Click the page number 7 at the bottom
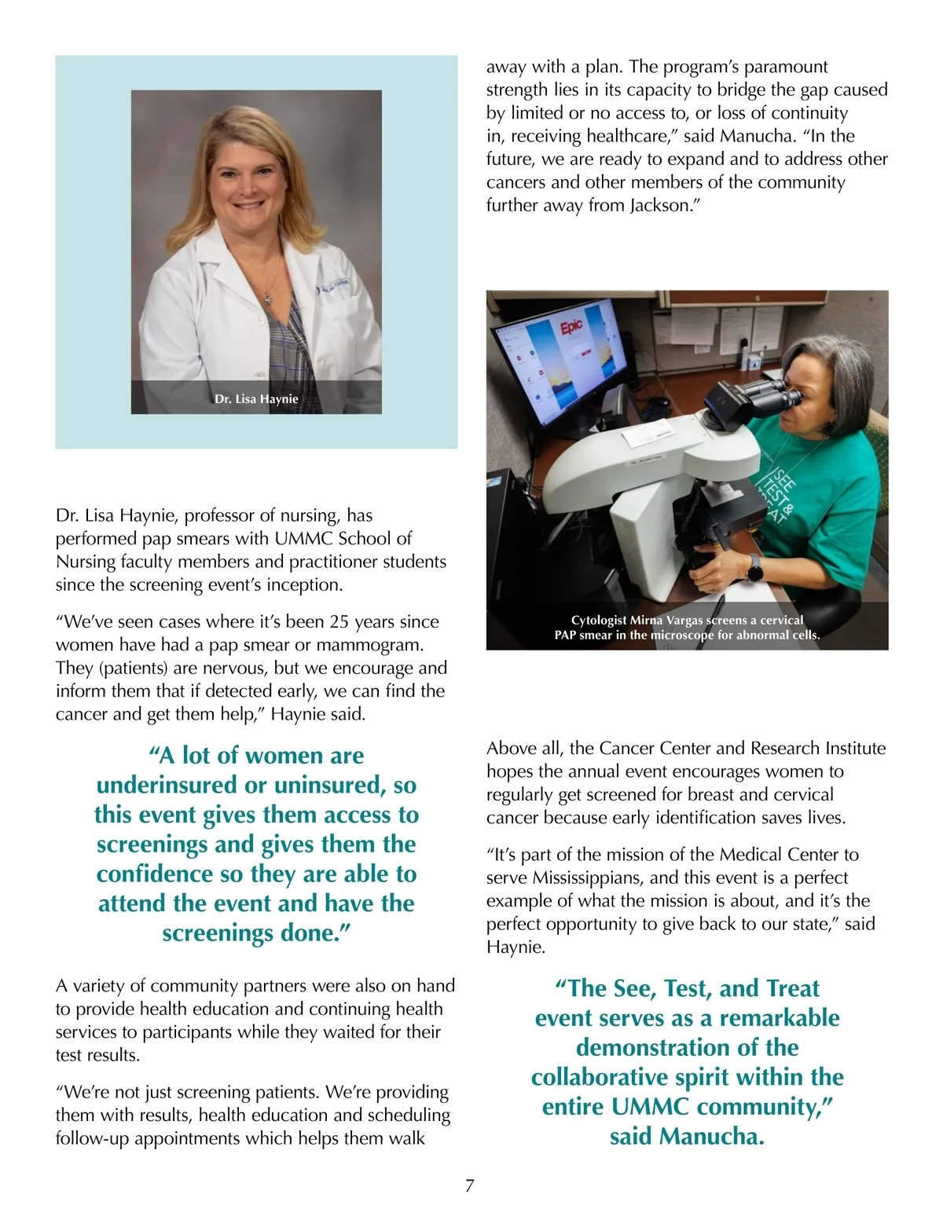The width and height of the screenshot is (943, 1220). (x=470, y=1186)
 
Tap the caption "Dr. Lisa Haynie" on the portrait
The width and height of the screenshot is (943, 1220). (x=256, y=399)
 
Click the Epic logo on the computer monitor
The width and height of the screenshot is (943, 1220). (x=571, y=330)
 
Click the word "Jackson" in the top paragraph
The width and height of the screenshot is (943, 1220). (x=657, y=206)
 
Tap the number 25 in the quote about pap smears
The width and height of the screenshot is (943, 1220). (x=339, y=622)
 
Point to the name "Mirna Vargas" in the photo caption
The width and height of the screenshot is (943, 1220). (x=666, y=620)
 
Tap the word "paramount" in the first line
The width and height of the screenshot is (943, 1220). (x=786, y=67)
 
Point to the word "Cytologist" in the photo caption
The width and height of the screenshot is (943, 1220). (x=599, y=620)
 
